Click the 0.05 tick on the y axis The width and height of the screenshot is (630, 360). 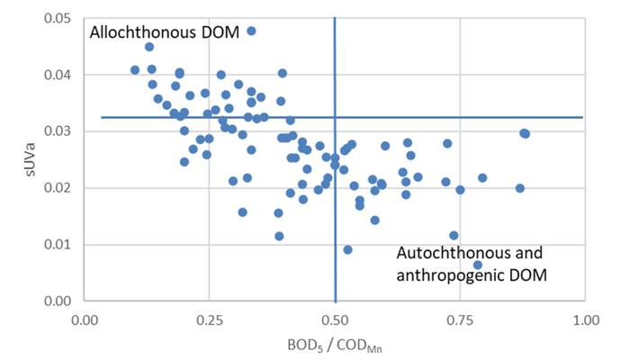[57, 19]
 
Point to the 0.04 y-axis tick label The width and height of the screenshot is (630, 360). [57, 75]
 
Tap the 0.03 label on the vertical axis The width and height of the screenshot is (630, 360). [57, 131]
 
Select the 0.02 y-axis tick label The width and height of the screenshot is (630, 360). [57, 188]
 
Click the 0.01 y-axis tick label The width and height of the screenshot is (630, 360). [57, 244]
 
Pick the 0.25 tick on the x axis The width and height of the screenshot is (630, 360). [210, 320]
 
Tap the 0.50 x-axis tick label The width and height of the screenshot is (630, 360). [335, 320]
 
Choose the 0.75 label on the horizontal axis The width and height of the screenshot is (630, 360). [460, 320]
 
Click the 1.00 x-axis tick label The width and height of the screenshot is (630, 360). [586, 320]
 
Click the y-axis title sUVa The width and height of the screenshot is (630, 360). [30, 159]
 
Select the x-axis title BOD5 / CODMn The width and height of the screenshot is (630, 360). [335, 346]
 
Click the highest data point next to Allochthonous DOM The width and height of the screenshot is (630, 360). [251, 31]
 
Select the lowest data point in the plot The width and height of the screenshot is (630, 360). [477, 265]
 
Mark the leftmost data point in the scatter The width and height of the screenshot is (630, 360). [135, 70]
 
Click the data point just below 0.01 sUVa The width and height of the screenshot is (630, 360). [347, 250]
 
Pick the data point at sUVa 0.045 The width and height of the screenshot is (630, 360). [149, 47]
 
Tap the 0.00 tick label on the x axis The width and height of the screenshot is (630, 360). [85, 320]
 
